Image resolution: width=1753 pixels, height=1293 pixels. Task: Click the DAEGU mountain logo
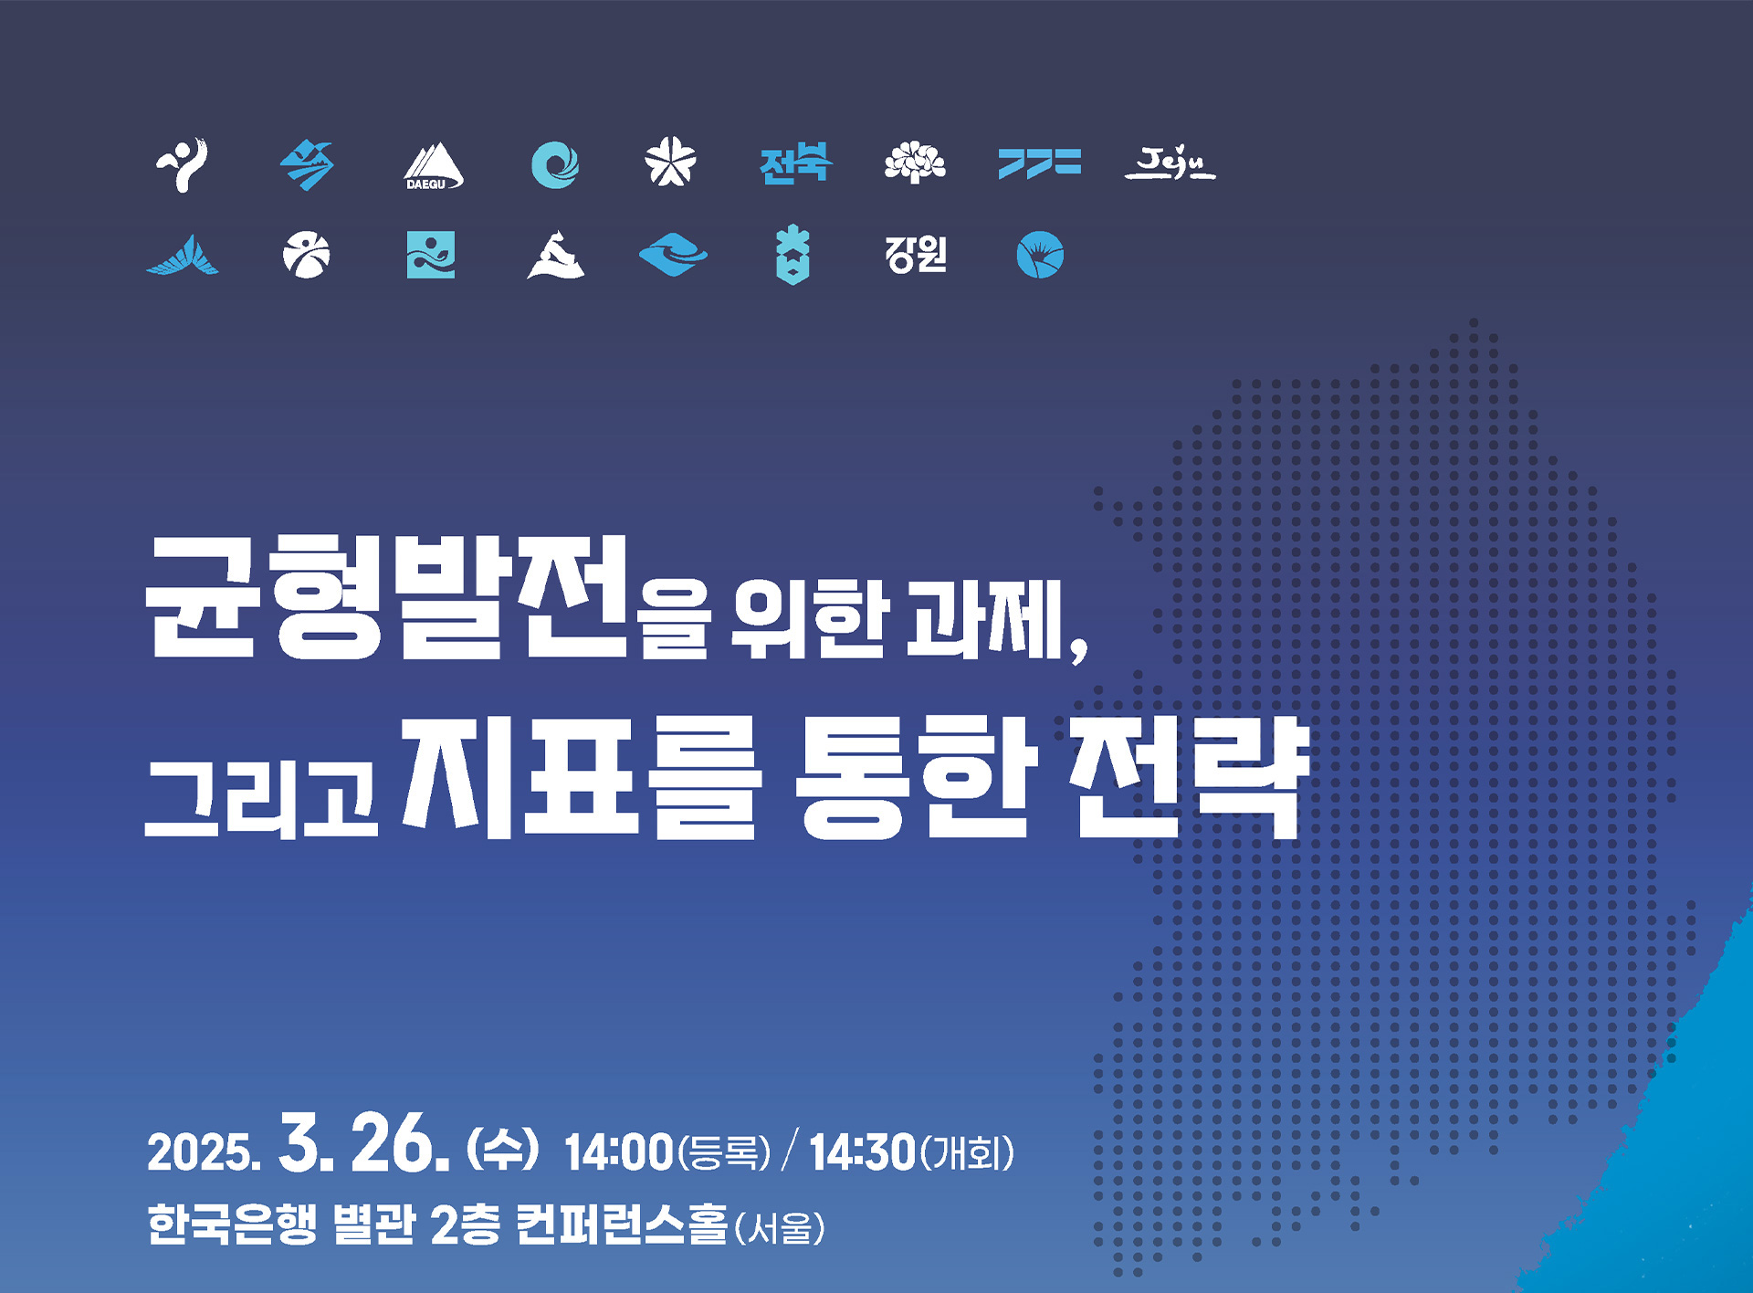coord(434,165)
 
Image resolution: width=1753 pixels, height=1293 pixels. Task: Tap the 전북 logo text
coord(795,164)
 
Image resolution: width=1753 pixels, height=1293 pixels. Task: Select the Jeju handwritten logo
coord(1170,164)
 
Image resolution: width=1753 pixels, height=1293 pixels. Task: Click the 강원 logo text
coord(916,254)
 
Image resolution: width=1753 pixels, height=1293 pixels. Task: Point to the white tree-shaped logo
coord(915,163)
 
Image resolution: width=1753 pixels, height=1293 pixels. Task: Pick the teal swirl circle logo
coord(555,165)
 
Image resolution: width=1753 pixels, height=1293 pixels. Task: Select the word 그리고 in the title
coord(261,797)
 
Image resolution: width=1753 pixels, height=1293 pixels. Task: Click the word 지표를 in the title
coord(583,778)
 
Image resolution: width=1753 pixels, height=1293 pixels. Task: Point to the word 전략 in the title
coord(1190,778)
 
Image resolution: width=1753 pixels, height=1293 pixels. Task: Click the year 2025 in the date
coord(203,1152)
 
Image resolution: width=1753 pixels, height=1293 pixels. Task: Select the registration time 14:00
coord(619,1152)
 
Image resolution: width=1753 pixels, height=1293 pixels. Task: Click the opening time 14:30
coord(862,1152)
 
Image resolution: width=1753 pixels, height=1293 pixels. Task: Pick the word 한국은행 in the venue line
coord(232,1225)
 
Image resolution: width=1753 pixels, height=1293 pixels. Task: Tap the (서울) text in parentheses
coord(780,1228)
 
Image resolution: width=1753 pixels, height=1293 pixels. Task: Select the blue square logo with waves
coord(431,254)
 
